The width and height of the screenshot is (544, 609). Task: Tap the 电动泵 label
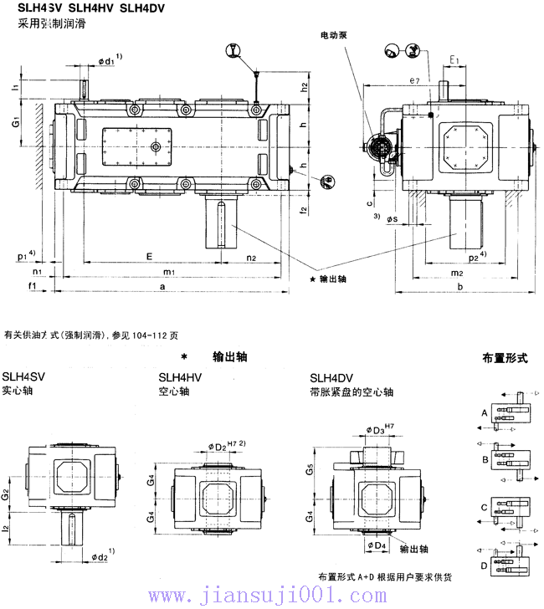tap(336, 37)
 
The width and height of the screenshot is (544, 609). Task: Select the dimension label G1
tap(16, 123)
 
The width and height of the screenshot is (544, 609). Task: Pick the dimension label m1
tap(168, 272)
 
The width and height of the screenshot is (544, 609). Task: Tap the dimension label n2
tap(251, 257)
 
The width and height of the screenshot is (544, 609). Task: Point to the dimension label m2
tap(457, 273)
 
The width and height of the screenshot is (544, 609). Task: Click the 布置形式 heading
tap(505, 357)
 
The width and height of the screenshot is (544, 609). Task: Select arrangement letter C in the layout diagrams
tap(485, 508)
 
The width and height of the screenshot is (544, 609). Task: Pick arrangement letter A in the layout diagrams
tap(485, 413)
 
